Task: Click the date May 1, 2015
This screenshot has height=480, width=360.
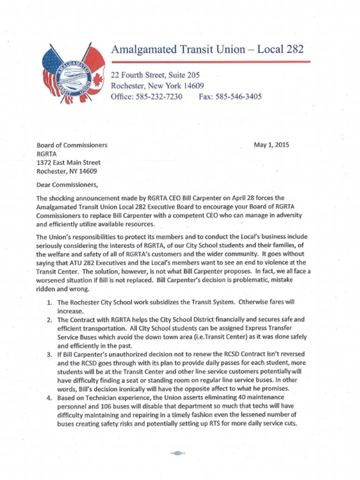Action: [x=271, y=145]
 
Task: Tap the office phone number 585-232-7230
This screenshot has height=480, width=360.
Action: [x=159, y=97]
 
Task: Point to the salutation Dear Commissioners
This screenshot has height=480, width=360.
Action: [x=67, y=184]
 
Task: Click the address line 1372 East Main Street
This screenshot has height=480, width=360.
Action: [x=68, y=163]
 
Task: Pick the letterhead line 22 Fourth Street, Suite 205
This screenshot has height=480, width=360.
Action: [x=155, y=75]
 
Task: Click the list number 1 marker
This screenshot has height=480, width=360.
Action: [x=49, y=302]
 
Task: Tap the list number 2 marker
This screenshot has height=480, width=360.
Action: [x=49, y=320]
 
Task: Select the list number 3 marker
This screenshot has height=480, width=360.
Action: [x=49, y=354]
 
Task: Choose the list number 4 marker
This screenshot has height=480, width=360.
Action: [x=49, y=398]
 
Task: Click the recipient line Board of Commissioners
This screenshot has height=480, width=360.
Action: [x=72, y=145]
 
